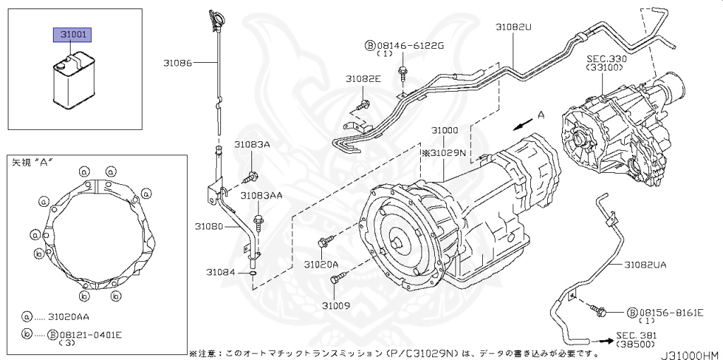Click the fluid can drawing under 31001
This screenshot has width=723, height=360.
pyautogui.click(x=73, y=81)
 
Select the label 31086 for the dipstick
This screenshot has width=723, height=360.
pyautogui.click(x=178, y=63)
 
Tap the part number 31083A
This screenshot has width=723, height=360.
pyautogui.click(x=253, y=144)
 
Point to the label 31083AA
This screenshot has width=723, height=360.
pyautogui.click(x=261, y=195)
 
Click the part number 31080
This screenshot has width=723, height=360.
pyautogui.click(x=209, y=227)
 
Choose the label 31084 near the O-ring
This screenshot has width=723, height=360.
pyautogui.click(x=220, y=272)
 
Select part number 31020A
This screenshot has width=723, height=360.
pyautogui.click(x=321, y=264)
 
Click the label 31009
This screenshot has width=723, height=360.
pyautogui.click(x=336, y=306)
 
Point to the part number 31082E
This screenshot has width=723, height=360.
pyautogui.click(x=363, y=79)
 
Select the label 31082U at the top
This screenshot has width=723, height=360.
pyautogui.click(x=513, y=27)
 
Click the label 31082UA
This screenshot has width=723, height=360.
pyautogui.click(x=645, y=264)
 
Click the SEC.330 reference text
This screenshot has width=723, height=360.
pyautogui.click(x=607, y=59)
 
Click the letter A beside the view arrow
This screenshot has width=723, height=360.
pyautogui.click(x=541, y=115)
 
